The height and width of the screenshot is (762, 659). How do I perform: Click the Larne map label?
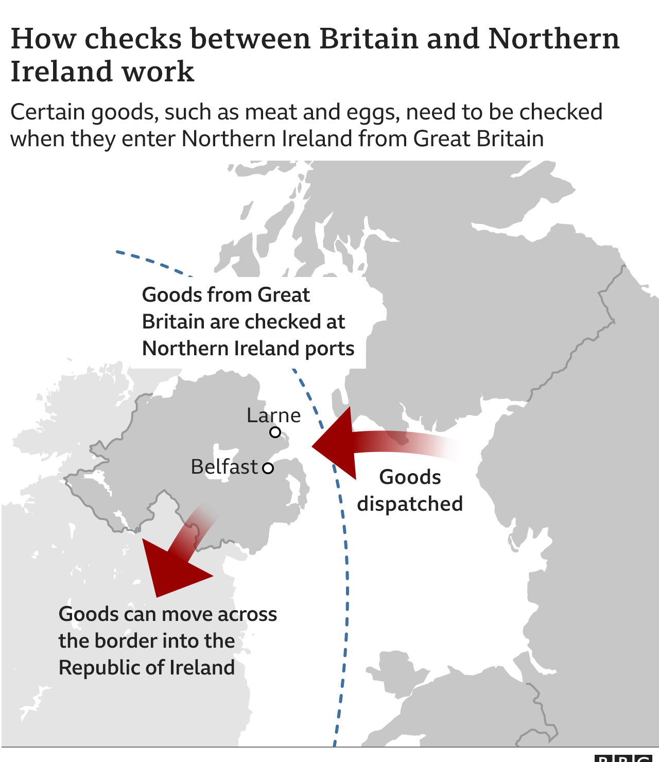point(273,415)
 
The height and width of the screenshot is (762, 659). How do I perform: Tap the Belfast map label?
point(224,466)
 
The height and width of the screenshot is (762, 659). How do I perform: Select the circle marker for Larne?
point(275,432)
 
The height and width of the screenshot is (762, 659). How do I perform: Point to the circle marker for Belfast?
point(268,468)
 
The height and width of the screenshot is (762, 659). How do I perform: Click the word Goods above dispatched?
point(410,477)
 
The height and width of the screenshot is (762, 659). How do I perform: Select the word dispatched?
point(410,504)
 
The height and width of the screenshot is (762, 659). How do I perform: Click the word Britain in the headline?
point(369,39)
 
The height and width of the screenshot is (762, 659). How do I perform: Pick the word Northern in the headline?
point(553,39)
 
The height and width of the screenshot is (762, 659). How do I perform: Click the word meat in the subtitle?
point(268,112)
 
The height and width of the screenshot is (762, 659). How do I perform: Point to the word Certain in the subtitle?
point(47,112)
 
